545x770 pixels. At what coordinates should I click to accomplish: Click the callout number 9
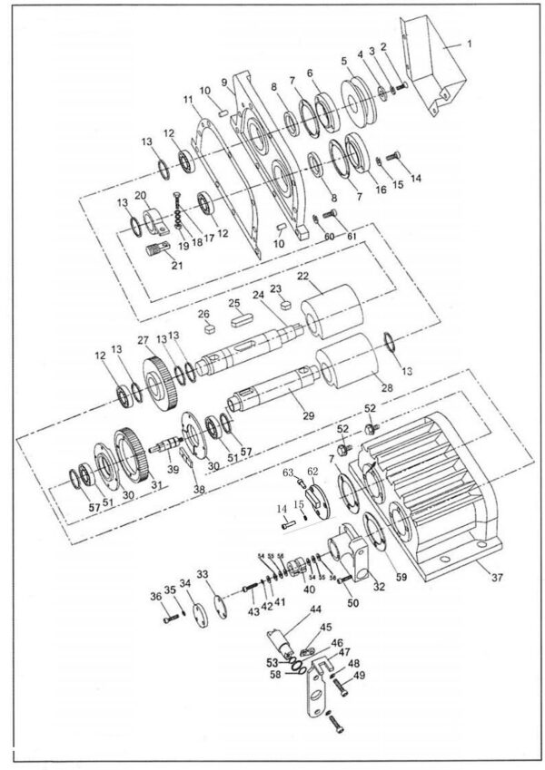tap(224, 82)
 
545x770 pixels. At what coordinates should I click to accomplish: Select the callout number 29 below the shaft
tap(308, 415)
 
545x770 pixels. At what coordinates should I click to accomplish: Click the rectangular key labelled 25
tap(242, 318)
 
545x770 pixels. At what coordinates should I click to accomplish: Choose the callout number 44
tap(316, 610)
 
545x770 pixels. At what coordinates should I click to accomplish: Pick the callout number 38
tap(198, 488)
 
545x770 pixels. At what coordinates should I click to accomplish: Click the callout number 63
tap(287, 473)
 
